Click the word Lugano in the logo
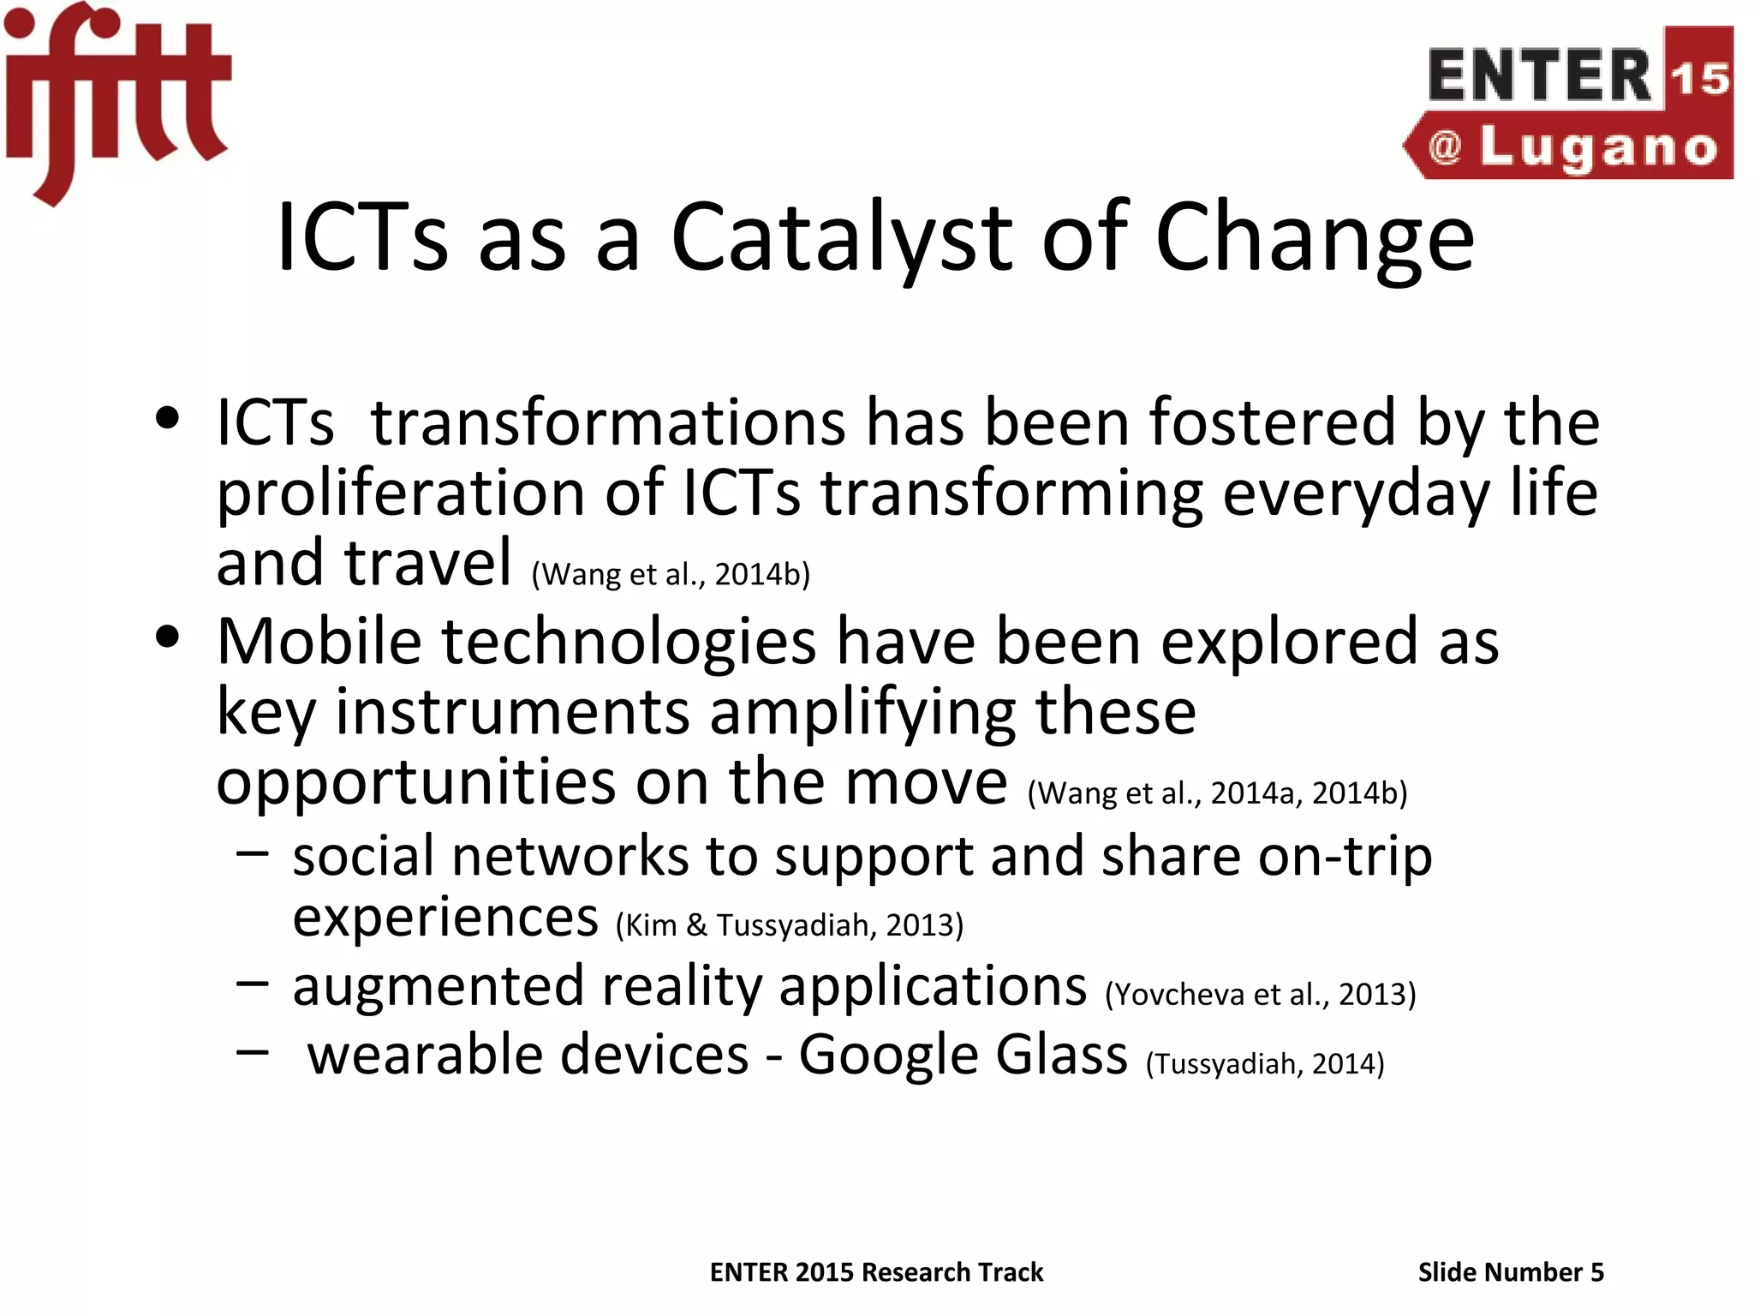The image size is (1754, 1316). [x=1598, y=148]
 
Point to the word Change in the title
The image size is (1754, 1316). [x=1314, y=237]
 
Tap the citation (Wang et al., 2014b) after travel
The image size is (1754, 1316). [x=671, y=574]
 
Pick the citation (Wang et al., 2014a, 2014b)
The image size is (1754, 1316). [x=1217, y=793]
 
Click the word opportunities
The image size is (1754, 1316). [x=415, y=782]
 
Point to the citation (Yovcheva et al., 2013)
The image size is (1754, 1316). [x=1260, y=994]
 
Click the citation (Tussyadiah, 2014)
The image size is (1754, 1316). [x=1264, y=1063]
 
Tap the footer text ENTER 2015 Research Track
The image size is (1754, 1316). [x=876, y=1272]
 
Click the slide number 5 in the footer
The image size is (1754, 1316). [x=1597, y=1272]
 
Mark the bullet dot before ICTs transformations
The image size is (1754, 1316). [x=168, y=419]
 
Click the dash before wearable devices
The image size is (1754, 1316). [x=252, y=1051]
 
